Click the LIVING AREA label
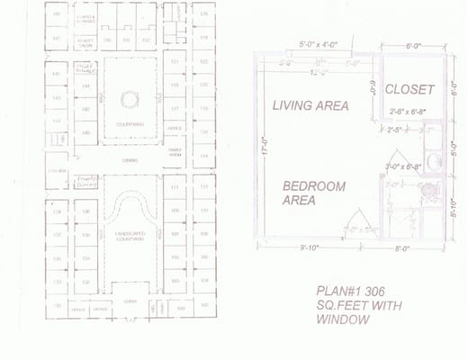tap(310, 105)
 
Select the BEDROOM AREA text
tap(314, 193)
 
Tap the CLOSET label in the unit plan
tap(409, 90)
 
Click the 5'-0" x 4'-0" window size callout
tap(322, 43)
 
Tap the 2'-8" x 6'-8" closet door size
tap(409, 112)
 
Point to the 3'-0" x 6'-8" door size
tap(403, 166)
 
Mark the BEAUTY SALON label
tap(85, 41)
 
